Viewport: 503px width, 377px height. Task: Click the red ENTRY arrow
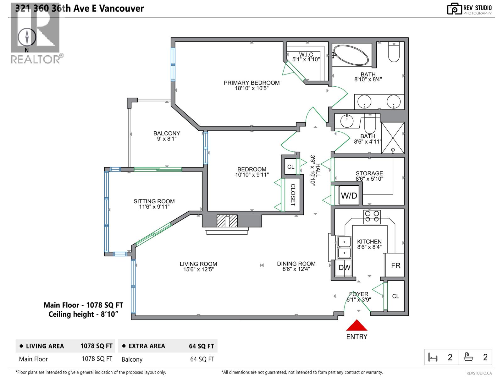pyautogui.click(x=357, y=326)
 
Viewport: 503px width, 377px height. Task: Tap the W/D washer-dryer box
pyautogui.click(x=349, y=195)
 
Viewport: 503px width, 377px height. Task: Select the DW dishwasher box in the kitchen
pyautogui.click(x=344, y=268)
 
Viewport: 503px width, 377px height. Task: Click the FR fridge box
pyautogui.click(x=395, y=265)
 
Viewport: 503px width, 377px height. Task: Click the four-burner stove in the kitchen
pyautogui.click(x=372, y=217)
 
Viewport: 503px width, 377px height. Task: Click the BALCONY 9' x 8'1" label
pyautogui.click(x=167, y=136)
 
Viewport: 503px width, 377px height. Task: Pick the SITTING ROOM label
pyautogui.click(x=154, y=204)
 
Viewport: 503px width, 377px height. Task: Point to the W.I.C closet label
pyautogui.click(x=306, y=57)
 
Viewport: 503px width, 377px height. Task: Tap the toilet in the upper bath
pyautogui.click(x=394, y=52)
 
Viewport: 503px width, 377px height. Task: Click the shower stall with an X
pyautogui.click(x=393, y=138)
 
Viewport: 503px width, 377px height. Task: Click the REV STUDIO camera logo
pyautogui.click(x=454, y=9)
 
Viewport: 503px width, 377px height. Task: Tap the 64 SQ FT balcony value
pyautogui.click(x=202, y=359)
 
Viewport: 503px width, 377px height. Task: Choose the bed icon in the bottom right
pyautogui.click(x=433, y=357)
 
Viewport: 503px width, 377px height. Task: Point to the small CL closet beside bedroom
pyautogui.click(x=290, y=167)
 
